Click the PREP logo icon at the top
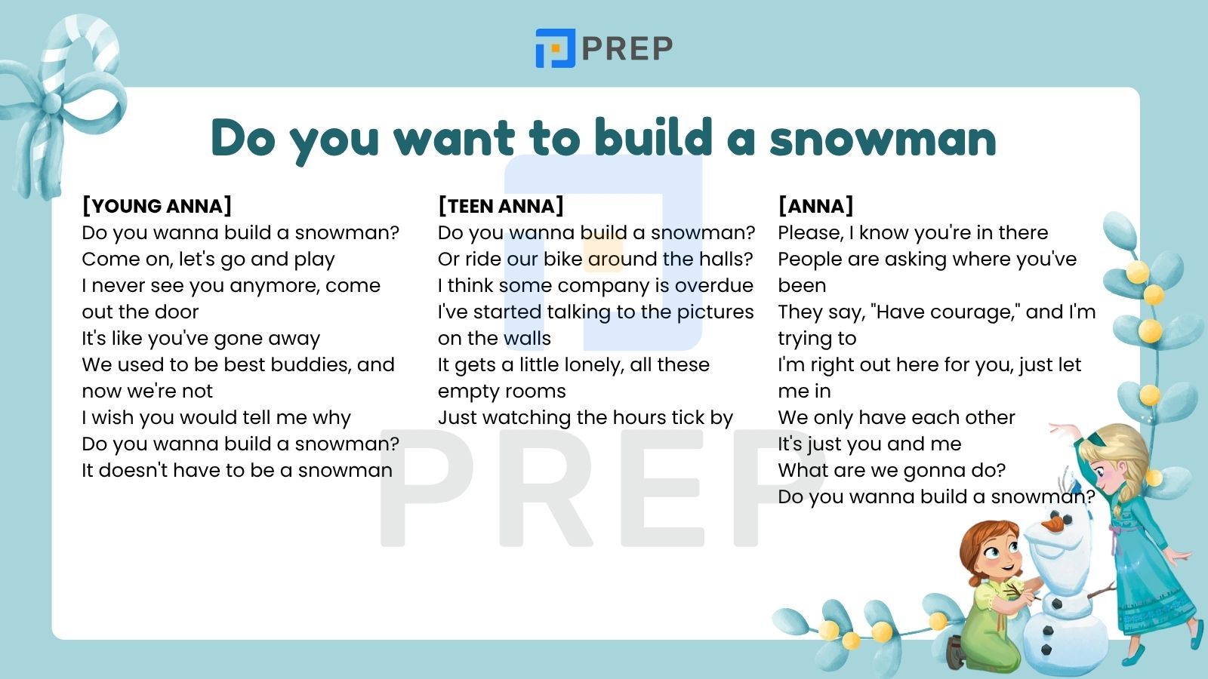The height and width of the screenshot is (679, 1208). point(555,48)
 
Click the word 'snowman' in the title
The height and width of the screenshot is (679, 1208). point(883,138)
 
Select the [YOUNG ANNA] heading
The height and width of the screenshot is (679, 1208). point(157,206)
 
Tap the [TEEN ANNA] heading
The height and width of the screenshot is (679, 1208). point(501,206)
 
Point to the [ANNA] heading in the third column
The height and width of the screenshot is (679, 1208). point(815,206)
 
